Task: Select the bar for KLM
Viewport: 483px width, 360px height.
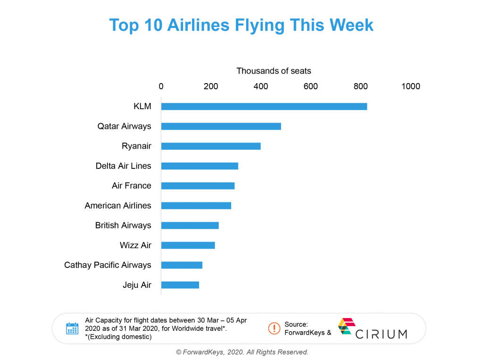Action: point(264,107)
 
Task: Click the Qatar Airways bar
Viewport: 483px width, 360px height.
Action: point(221,126)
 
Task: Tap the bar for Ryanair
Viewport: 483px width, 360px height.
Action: point(211,146)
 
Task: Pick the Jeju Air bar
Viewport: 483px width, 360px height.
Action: point(180,285)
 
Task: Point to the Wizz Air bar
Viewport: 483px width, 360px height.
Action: point(188,245)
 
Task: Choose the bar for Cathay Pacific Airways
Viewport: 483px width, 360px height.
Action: point(182,265)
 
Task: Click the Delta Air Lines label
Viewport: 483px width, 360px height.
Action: point(123,166)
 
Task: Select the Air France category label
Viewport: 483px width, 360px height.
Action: point(131,186)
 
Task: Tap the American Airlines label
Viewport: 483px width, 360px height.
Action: point(118,206)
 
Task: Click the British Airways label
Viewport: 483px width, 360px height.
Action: point(123,226)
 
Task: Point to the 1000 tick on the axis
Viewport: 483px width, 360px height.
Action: point(410,87)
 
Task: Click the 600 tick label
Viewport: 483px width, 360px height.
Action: point(310,87)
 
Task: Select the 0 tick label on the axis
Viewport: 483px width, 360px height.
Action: point(161,87)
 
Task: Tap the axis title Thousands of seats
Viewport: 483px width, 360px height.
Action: point(274,71)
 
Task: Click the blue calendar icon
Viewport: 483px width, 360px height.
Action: point(72,328)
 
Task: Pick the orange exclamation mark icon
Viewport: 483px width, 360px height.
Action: point(274,328)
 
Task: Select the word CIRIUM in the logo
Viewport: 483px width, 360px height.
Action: point(381,334)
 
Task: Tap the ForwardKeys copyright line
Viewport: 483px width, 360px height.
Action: point(242,352)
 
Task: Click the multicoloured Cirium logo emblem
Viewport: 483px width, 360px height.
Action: point(346,327)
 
